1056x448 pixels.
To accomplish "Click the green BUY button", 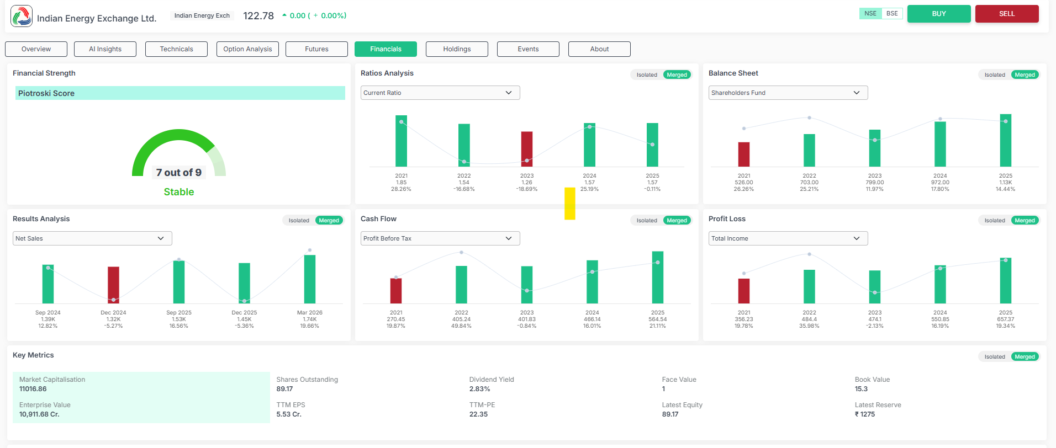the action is pyautogui.click(x=939, y=14).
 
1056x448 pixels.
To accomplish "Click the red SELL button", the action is pyautogui.click(x=1007, y=14).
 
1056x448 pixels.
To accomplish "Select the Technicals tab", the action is pyautogui.click(x=176, y=49).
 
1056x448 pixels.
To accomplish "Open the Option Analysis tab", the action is pyautogui.click(x=247, y=49).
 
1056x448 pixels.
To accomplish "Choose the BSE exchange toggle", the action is pyautogui.click(x=892, y=14).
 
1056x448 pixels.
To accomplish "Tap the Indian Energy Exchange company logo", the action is pyautogui.click(x=22, y=16).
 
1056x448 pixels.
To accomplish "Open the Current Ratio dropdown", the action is pyautogui.click(x=440, y=93).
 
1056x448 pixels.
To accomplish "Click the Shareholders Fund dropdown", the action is pyautogui.click(x=788, y=93).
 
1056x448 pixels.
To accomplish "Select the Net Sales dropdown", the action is pyautogui.click(x=92, y=238).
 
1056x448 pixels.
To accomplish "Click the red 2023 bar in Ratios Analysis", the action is pyautogui.click(x=527, y=149).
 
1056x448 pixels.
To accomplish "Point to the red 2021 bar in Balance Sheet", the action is pyautogui.click(x=744, y=154).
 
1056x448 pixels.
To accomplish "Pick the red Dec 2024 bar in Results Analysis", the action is pyautogui.click(x=113, y=285).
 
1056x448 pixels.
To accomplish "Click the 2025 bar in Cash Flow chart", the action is pyautogui.click(x=658, y=278).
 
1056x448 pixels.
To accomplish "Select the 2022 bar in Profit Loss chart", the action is pyautogui.click(x=809, y=286).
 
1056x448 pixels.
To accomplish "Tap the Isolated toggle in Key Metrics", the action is pyautogui.click(x=995, y=357).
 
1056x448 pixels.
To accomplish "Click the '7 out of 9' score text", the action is pyautogui.click(x=179, y=173).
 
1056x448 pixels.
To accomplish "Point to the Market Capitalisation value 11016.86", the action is pyautogui.click(x=33, y=389).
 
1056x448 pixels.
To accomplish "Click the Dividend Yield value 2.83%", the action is pyautogui.click(x=480, y=389).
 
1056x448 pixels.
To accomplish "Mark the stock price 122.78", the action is pyautogui.click(x=258, y=16).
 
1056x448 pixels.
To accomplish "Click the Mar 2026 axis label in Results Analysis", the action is pyautogui.click(x=310, y=313).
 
